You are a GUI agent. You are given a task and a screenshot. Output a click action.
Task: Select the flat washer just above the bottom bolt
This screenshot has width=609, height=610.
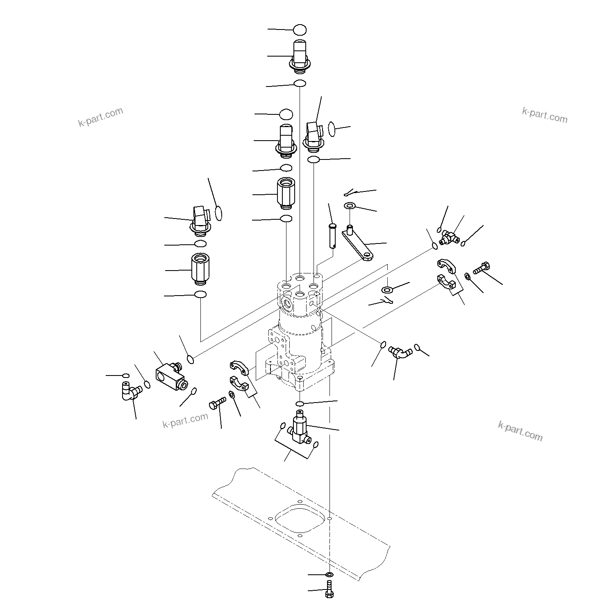329,575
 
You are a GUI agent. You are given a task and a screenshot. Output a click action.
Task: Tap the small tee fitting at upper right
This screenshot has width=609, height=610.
449,238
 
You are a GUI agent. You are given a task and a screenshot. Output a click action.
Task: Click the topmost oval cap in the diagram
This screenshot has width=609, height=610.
300,30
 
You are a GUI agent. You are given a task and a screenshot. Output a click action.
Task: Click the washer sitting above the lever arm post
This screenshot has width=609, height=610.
350,205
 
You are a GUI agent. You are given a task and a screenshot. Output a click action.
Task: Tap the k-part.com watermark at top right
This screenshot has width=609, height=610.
545,115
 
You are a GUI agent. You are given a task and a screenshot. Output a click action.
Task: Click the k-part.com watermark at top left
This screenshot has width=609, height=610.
100,116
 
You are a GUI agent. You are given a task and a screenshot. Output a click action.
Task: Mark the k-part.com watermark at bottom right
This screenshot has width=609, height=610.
520,431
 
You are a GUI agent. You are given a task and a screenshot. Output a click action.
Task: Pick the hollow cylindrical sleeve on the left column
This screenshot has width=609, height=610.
200,268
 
